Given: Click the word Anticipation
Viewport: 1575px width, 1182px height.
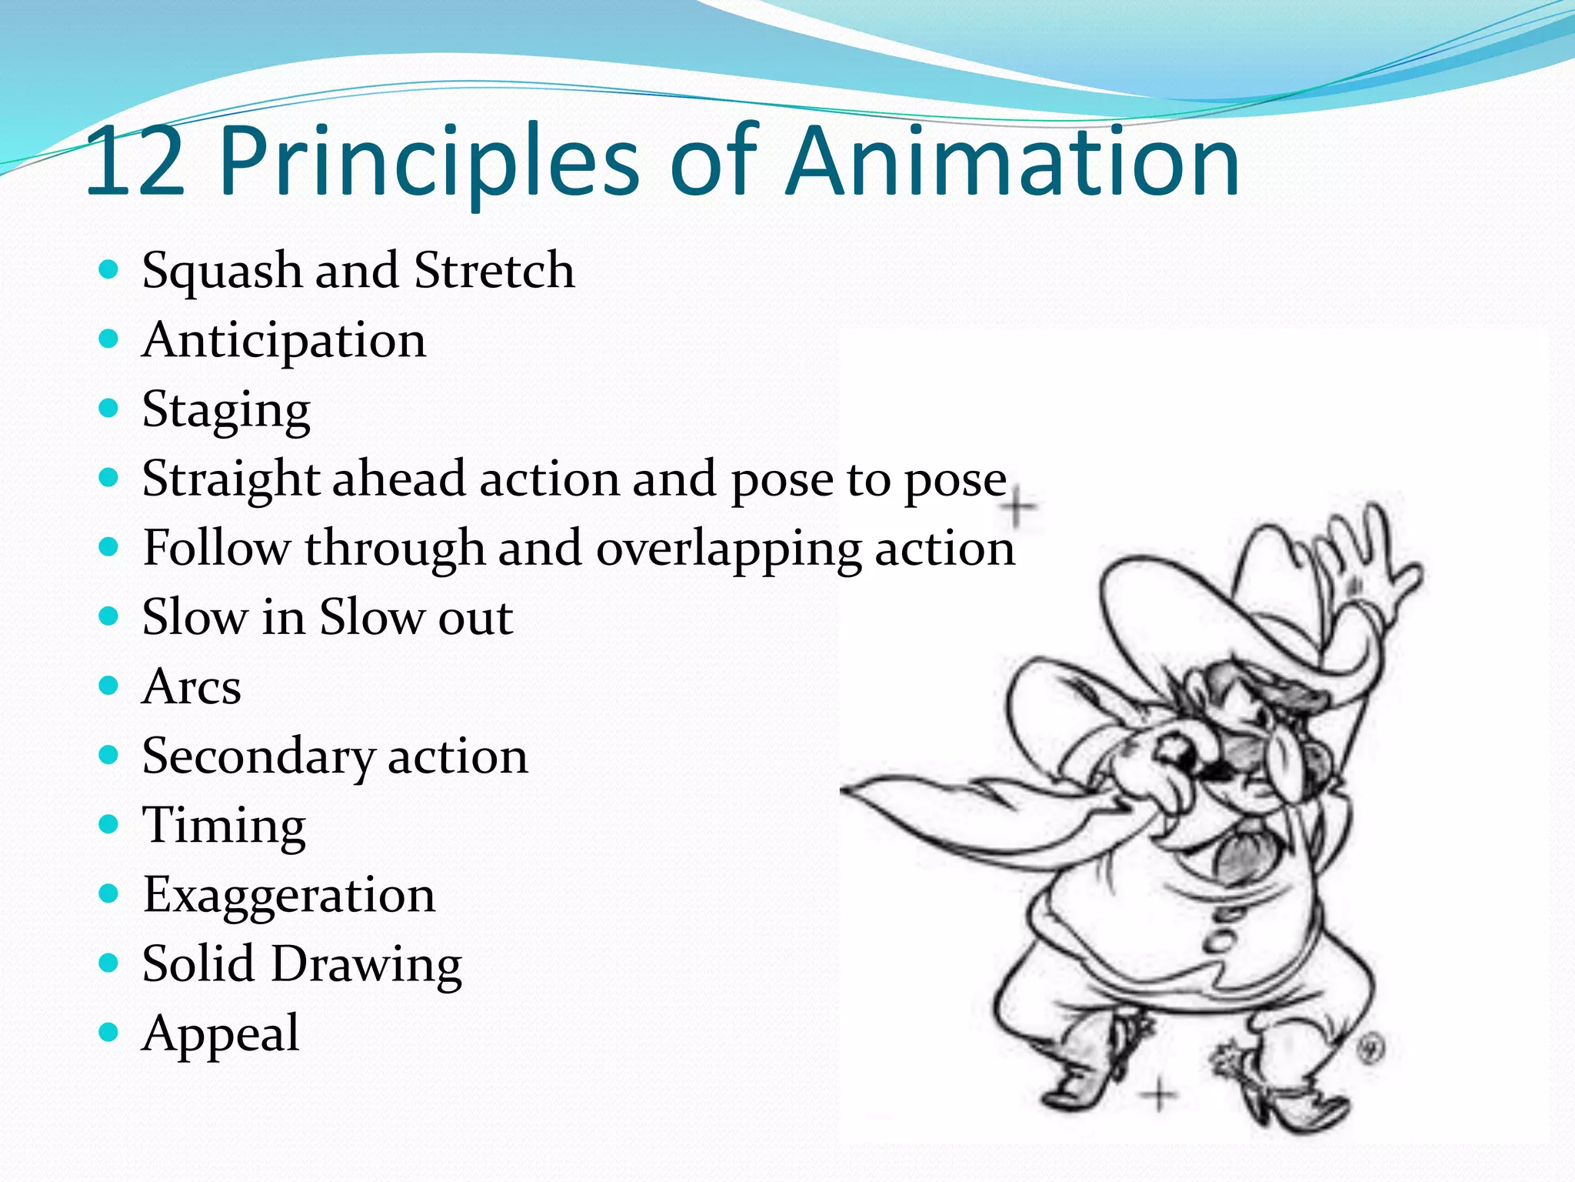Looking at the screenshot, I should click(284, 341).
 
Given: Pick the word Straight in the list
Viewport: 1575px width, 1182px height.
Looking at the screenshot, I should click(231, 479).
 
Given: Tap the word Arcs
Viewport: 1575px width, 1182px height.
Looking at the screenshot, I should click(191, 686).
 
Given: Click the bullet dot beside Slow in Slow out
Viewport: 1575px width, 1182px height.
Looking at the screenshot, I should click(109, 616).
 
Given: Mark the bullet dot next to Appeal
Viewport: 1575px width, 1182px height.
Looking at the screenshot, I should click(109, 1032).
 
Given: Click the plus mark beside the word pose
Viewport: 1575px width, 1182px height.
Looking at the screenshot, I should click(1020, 508).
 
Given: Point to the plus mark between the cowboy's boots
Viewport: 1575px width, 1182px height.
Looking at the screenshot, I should click(1158, 1094).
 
